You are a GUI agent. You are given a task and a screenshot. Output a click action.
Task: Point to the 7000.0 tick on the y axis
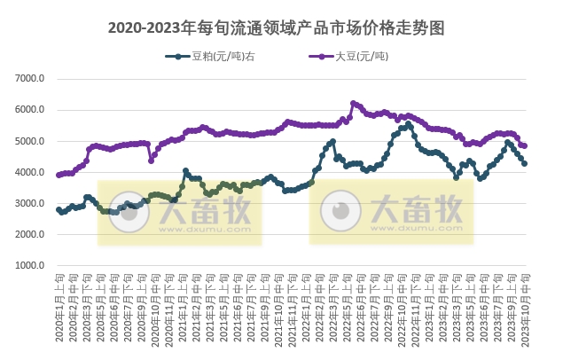pyautogui.click(x=30, y=79)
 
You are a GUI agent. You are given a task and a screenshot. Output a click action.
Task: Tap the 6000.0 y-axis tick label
pyautogui.click(x=30, y=110)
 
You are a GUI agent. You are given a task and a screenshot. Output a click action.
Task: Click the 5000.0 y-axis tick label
pyautogui.click(x=30, y=141)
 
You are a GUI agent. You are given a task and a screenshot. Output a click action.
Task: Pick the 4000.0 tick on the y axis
pyautogui.click(x=30, y=172)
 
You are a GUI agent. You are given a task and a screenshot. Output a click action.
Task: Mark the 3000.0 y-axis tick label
pyautogui.click(x=30, y=203)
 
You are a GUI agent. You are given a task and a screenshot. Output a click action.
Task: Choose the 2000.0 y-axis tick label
pyautogui.click(x=30, y=234)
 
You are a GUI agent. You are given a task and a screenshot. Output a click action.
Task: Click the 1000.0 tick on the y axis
pyautogui.click(x=30, y=265)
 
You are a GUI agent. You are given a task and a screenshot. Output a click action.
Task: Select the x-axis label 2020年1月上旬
pyautogui.click(x=59, y=306)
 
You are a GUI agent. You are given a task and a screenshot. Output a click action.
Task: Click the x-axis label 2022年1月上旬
pyautogui.click(x=306, y=306)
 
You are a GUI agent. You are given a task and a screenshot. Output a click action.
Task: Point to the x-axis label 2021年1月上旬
pyautogui.click(x=182, y=306)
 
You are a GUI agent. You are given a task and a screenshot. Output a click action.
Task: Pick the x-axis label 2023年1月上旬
pyautogui.click(x=429, y=306)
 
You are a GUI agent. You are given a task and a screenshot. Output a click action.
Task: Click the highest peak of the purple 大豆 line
pyautogui.click(x=353, y=103)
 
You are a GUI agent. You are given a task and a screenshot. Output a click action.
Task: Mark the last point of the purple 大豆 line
pyautogui.click(x=525, y=146)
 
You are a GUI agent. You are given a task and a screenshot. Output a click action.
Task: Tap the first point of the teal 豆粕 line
pyautogui.click(x=59, y=210)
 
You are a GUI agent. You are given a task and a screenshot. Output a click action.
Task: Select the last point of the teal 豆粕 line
pyautogui.click(x=525, y=164)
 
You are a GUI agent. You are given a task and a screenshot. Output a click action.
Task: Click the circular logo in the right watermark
pyautogui.click(x=340, y=211)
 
